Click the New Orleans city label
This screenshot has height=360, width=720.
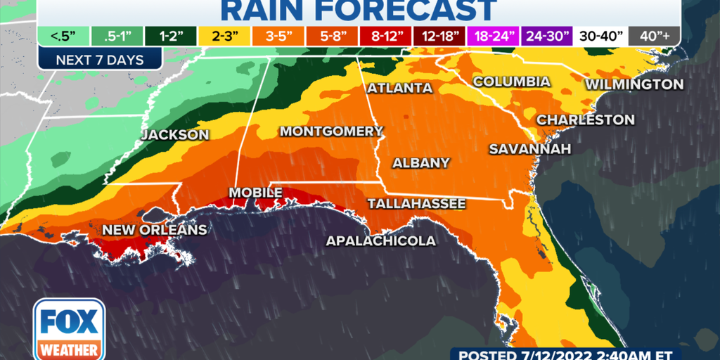tap(155, 230)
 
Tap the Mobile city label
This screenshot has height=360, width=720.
tap(256, 193)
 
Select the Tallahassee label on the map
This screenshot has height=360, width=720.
tap(417, 204)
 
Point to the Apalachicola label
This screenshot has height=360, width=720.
tap(380, 241)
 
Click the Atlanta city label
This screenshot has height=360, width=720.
tap(399, 89)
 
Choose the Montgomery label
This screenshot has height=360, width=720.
tap(331, 131)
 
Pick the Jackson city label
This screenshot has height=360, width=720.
tap(175, 135)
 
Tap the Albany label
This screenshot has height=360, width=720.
tap(420, 163)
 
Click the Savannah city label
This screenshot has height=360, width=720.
tap(520, 149)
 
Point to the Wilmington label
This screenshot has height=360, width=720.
tap(634, 84)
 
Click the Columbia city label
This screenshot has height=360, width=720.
tap(511, 82)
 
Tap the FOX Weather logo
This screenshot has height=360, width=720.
tap(69, 328)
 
